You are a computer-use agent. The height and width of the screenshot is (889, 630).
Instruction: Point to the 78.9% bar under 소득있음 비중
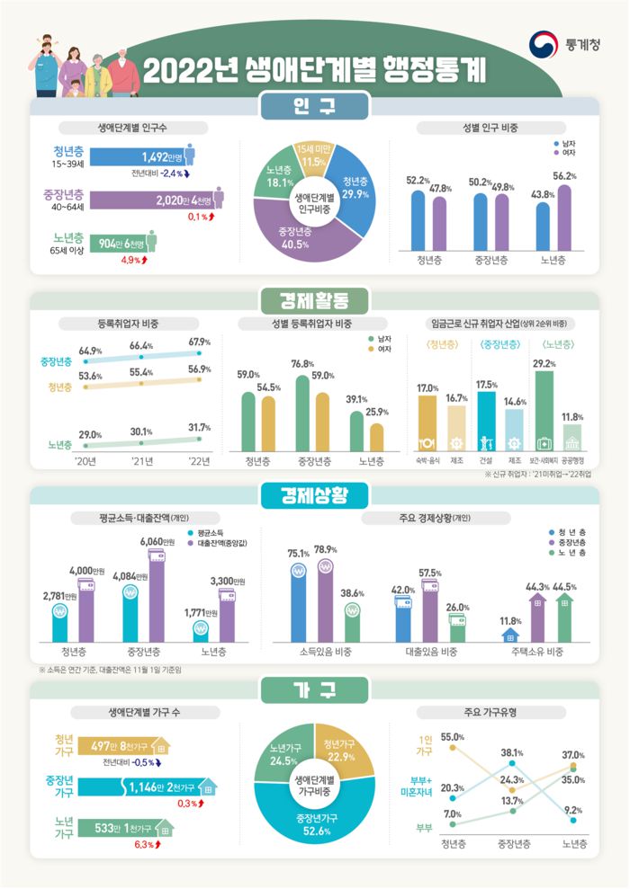(x=326, y=595)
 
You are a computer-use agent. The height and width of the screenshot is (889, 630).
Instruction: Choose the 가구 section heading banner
(x=314, y=689)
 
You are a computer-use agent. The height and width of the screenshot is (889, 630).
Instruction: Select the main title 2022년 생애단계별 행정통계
(x=314, y=71)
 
